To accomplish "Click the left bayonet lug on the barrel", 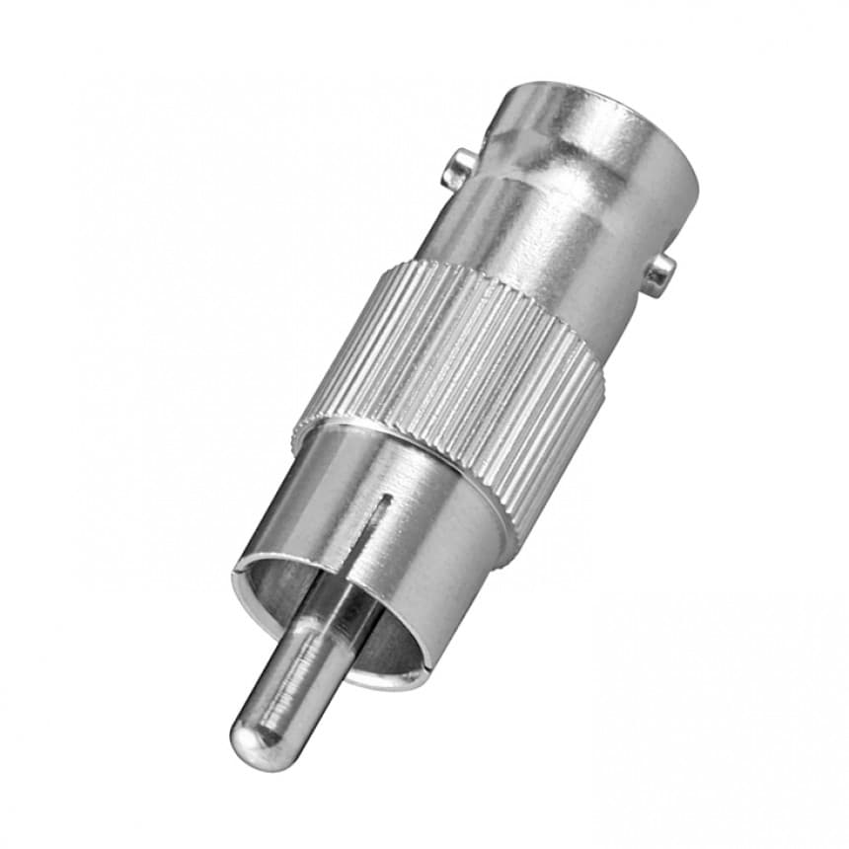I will click(456, 169).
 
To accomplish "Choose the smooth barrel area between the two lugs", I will click(553, 227).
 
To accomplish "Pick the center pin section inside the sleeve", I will click(336, 612).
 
